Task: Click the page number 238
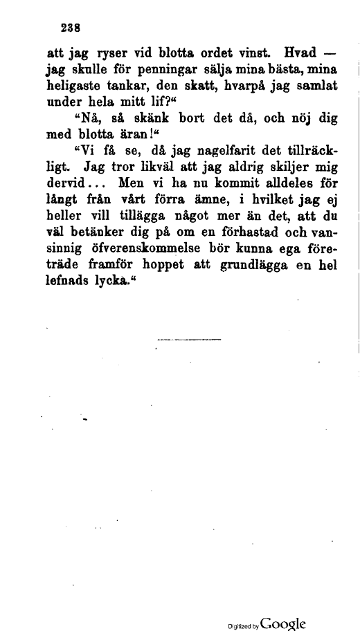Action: [71, 28]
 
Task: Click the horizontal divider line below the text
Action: [189, 340]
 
